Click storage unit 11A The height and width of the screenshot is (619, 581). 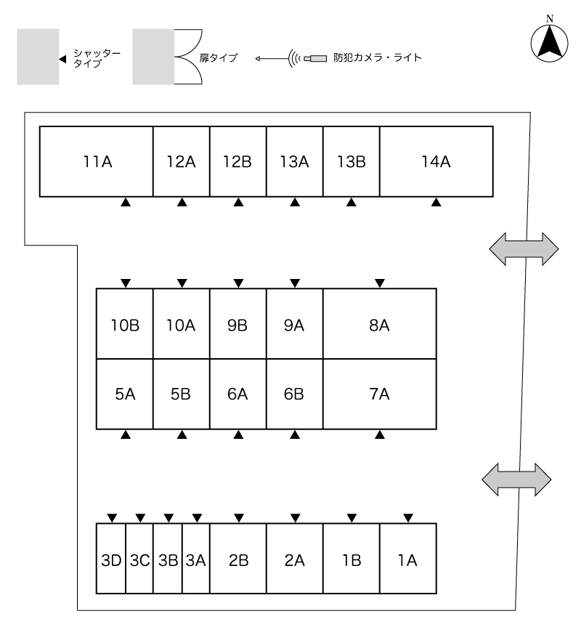coord(96,161)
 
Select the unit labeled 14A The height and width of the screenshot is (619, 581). coord(436,161)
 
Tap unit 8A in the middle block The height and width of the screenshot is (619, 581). coord(379,325)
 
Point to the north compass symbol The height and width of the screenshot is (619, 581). coord(550,41)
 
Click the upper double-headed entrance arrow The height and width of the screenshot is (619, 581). coord(524,248)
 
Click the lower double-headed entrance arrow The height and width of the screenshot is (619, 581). coord(517,480)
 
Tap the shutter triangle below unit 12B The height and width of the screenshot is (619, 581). coord(238,203)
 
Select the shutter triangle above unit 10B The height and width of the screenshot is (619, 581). coord(125,282)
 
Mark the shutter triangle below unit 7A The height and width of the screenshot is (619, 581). coord(379,435)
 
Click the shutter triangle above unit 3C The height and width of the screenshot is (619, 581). coord(140,518)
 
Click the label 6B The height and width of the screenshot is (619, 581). coord(294,395)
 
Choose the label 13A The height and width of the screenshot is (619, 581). coord(294,161)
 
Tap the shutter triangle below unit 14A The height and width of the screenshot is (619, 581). coord(436,203)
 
